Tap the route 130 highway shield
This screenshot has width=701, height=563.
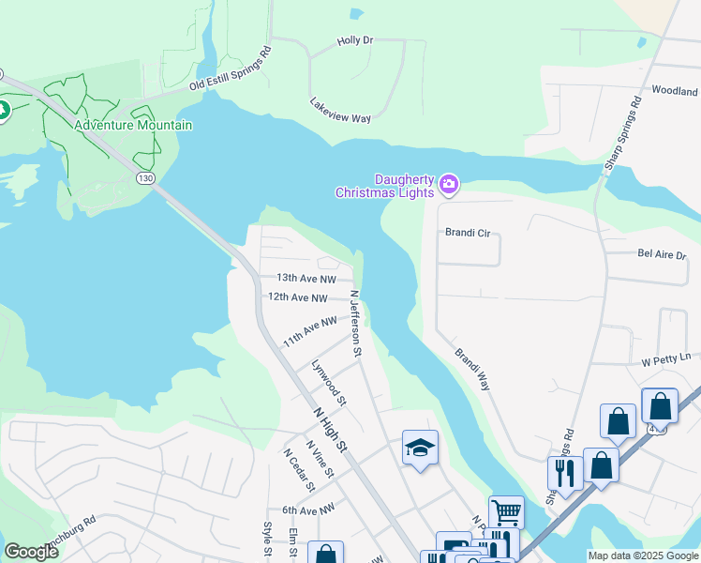(144, 177)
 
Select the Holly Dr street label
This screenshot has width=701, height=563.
(355, 41)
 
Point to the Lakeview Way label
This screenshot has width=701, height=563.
(340, 111)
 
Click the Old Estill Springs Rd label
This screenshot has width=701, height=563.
(230, 68)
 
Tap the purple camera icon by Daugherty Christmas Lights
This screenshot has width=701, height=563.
(449, 184)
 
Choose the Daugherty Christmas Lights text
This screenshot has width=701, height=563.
(385, 186)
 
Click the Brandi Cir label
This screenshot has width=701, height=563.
(468, 232)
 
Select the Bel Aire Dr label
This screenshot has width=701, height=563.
(662, 254)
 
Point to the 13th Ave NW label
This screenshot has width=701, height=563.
(306, 279)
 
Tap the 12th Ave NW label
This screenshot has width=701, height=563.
(297, 297)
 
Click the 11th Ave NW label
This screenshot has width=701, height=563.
(309, 331)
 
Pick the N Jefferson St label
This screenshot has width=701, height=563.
(356, 324)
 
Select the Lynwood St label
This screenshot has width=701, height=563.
(329, 385)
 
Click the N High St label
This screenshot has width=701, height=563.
(330, 428)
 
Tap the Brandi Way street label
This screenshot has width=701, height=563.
(472, 370)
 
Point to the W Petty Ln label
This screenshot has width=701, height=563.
(665, 358)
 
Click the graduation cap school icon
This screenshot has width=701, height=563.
(421, 447)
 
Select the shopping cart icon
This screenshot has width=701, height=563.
(505, 511)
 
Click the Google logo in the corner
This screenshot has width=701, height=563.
(31, 551)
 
